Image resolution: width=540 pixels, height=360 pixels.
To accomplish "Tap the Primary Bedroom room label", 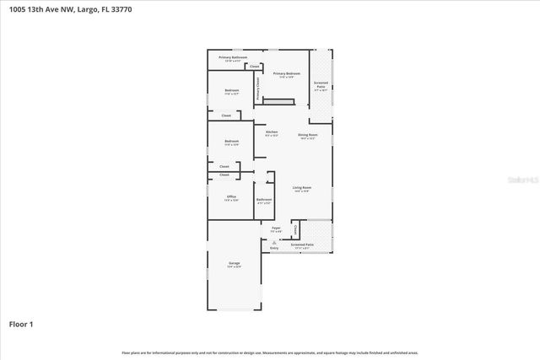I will (x=286, y=74).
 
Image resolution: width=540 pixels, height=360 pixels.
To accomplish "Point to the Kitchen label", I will (x=272, y=132).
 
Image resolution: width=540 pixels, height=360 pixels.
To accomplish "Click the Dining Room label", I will (x=307, y=135).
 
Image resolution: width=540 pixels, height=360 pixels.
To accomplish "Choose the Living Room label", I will (x=302, y=187).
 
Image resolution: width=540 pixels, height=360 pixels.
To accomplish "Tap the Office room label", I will (x=231, y=196).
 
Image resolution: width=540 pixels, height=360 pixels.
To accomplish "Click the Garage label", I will (x=234, y=264).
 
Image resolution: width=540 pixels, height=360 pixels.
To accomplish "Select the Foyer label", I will (x=276, y=228).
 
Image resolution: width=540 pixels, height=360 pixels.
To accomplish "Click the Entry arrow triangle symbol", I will (x=274, y=242).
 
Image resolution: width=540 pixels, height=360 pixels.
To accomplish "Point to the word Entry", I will (x=274, y=248).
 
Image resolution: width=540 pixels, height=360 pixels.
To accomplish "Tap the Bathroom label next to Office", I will (x=263, y=201).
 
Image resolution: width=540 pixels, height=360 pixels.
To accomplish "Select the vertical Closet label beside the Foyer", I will (x=294, y=228).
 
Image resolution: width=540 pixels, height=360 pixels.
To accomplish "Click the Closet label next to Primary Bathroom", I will (x=254, y=66).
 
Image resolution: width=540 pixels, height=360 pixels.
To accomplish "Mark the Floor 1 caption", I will (x=21, y=324).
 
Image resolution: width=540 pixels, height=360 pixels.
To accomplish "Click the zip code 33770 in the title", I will (x=120, y=9).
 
